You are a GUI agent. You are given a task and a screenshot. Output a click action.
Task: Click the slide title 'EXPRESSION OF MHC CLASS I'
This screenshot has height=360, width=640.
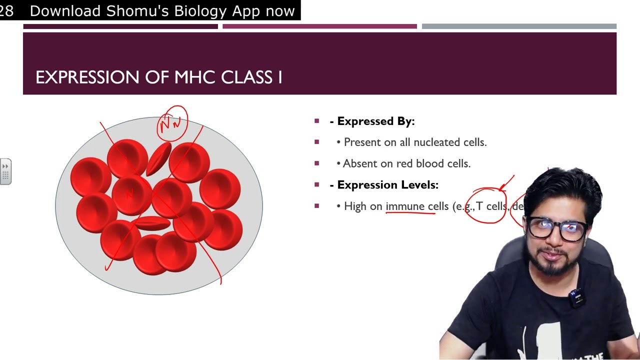pos(158,77)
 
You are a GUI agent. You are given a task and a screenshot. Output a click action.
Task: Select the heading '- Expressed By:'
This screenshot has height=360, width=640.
pos(372,121)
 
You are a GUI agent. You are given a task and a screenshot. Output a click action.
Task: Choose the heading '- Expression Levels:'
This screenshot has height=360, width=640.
pos(384,185)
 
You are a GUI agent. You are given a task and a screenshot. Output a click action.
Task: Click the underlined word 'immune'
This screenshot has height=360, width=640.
pos(404,206)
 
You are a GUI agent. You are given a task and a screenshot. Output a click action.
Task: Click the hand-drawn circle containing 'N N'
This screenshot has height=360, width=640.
pos(172,123)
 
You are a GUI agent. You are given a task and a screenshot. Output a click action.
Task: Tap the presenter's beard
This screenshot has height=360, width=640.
pos(552,265)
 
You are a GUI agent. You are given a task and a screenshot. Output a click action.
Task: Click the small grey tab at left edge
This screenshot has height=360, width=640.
pos(5,172)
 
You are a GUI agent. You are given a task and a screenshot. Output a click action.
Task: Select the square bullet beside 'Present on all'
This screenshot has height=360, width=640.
pos(316,142)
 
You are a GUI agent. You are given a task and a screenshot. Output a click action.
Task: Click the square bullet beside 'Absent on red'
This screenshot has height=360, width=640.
pos(316,163)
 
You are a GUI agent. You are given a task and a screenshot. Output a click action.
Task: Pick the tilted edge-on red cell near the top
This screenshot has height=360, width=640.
pos(158,159)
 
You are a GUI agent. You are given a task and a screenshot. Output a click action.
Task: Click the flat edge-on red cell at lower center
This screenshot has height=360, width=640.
pos(152,223)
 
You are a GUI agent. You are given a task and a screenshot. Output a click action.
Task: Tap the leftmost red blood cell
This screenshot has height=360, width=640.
pos(90,176)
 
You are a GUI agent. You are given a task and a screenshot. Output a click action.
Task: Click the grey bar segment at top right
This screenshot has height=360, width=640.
pos(518,26)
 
